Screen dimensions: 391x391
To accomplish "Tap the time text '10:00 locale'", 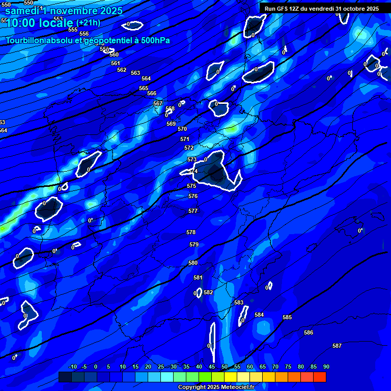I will tap(40, 23).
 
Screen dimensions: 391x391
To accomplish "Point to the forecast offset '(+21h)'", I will tap(88, 22).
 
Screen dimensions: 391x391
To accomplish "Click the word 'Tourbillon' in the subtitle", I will tap(25, 40).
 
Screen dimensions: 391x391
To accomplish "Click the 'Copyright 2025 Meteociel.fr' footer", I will tap(216, 387).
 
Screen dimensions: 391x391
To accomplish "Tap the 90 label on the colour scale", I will tap(326, 367).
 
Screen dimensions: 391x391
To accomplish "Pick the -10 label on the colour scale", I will tap(72, 367).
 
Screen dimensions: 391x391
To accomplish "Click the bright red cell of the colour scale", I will tap(320, 377).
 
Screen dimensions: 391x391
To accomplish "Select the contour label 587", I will tap(337, 346).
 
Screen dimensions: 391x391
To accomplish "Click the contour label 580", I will tap(193, 263).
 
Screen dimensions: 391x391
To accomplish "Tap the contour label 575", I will tap(191, 186).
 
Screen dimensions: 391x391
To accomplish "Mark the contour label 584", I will tap(259, 315).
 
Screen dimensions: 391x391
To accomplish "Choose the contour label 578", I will tap(191, 232).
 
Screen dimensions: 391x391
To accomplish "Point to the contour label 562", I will tap(122, 70).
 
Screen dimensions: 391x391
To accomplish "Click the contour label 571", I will tap(185, 139).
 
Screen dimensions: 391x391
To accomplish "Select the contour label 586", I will tap(309, 332).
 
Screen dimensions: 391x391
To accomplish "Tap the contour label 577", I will tap(193, 211).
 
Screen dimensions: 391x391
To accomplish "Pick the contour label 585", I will tap(287, 317).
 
